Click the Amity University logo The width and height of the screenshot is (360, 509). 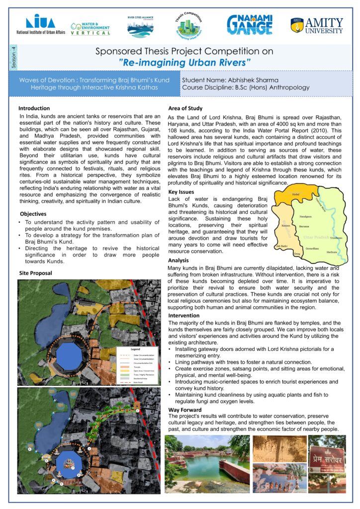[x=316, y=25]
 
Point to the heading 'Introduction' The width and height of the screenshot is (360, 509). [x=34, y=108]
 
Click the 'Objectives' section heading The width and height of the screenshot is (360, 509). [x=33, y=214]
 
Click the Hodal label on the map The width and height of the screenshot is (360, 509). [x=296, y=194]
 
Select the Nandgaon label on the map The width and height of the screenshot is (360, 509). [x=305, y=217]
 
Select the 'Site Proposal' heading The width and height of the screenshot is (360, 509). [x=35, y=273]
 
